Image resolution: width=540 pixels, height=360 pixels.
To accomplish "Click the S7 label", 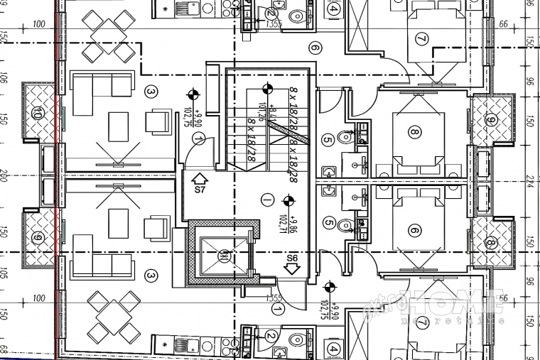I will click(200, 190).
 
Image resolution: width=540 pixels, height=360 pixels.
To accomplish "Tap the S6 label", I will click(291, 257).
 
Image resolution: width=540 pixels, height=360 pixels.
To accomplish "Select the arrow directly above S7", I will click(200, 178).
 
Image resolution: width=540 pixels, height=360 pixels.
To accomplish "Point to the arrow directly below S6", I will click(291, 269).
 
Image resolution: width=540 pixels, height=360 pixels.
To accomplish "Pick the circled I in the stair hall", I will click(266, 198).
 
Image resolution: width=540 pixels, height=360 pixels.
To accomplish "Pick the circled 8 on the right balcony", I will click(490, 243).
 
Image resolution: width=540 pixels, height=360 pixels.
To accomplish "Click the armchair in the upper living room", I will click(158, 121).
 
